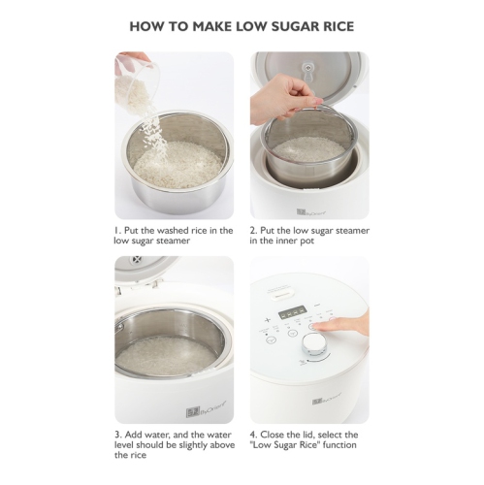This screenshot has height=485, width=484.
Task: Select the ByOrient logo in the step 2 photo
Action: coord(311,210)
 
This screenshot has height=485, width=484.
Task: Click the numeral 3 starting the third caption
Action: coord(116,434)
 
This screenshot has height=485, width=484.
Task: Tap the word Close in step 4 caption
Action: coord(275,434)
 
